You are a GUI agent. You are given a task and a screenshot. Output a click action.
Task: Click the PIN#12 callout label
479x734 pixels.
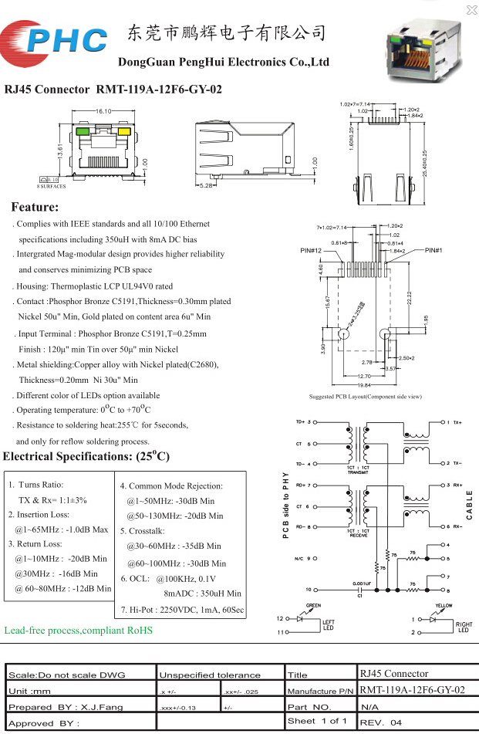coord(311,251)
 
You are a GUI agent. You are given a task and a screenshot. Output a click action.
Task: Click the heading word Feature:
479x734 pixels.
coord(35,207)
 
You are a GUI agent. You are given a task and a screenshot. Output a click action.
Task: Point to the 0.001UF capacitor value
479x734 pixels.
coord(363,584)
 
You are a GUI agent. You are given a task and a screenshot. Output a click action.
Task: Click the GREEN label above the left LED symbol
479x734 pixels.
coord(313,606)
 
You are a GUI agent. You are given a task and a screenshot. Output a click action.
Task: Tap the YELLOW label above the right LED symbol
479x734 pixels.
coord(444,606)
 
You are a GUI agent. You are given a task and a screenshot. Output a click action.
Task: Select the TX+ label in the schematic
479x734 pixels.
coord(457,423)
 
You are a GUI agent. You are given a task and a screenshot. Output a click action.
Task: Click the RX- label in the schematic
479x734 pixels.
coord(457,526)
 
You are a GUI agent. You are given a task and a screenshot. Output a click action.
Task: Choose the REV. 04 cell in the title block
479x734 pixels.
coord(381,722)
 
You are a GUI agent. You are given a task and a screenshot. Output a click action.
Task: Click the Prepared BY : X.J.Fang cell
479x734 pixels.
coord(56,706)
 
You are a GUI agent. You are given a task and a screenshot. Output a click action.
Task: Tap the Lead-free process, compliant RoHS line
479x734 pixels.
coord(79,631)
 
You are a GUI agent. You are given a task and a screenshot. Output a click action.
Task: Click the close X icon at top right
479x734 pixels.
coord(471,9)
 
